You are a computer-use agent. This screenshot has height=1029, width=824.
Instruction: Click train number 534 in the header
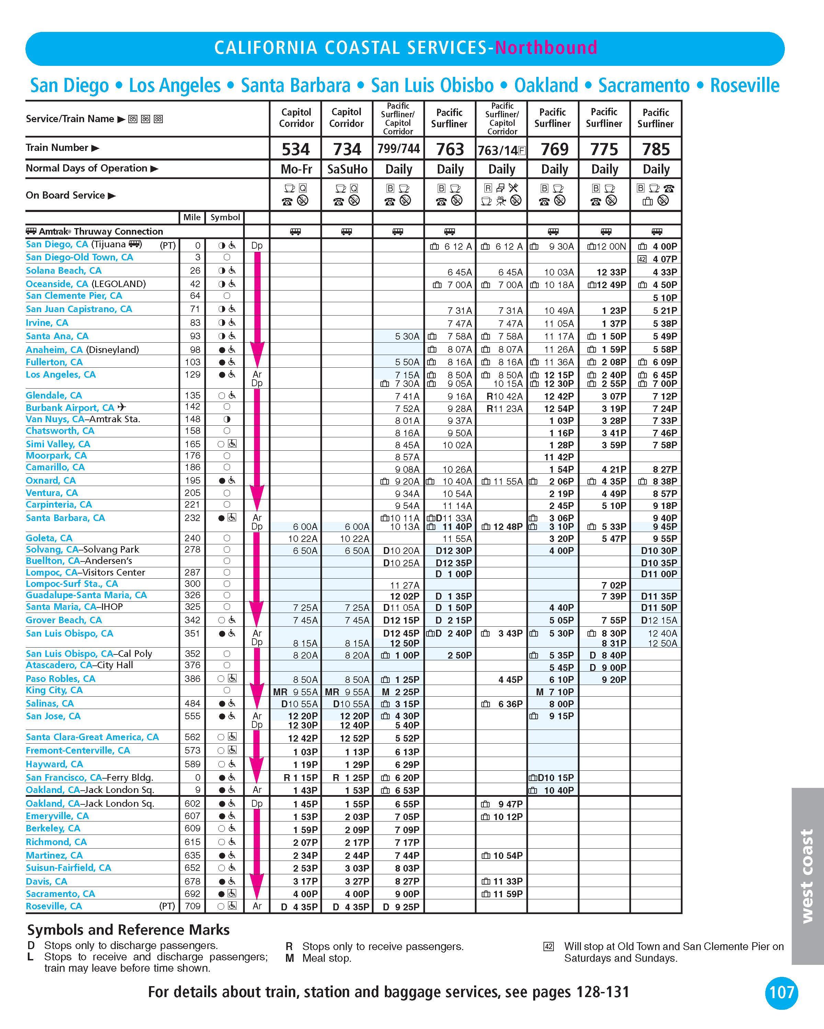[x=296, y=150]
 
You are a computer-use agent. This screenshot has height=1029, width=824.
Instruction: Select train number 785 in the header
[x=656, y=150]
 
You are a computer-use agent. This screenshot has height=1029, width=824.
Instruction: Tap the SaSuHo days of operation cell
[x=347, y=169]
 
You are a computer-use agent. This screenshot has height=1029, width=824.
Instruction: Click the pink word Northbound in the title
[x=546, y=48]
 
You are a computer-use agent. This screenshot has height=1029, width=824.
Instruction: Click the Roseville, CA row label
[x=54, y=906]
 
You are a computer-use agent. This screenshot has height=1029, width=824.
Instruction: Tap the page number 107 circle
[x=781, y=993]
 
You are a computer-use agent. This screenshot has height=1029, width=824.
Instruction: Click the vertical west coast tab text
[x=807, y=875]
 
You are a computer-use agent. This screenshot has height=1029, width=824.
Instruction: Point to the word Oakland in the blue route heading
[x=546, y=85]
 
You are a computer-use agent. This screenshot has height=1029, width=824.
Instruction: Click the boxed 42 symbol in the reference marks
[x=549, y=946]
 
